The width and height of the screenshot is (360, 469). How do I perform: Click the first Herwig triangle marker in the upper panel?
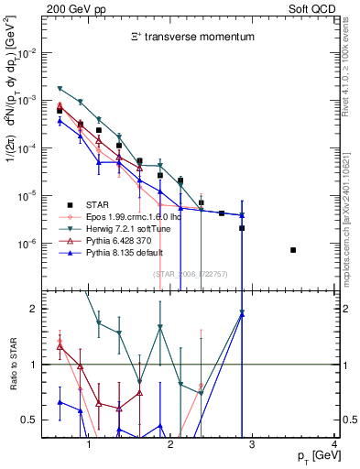click(60, 88)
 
